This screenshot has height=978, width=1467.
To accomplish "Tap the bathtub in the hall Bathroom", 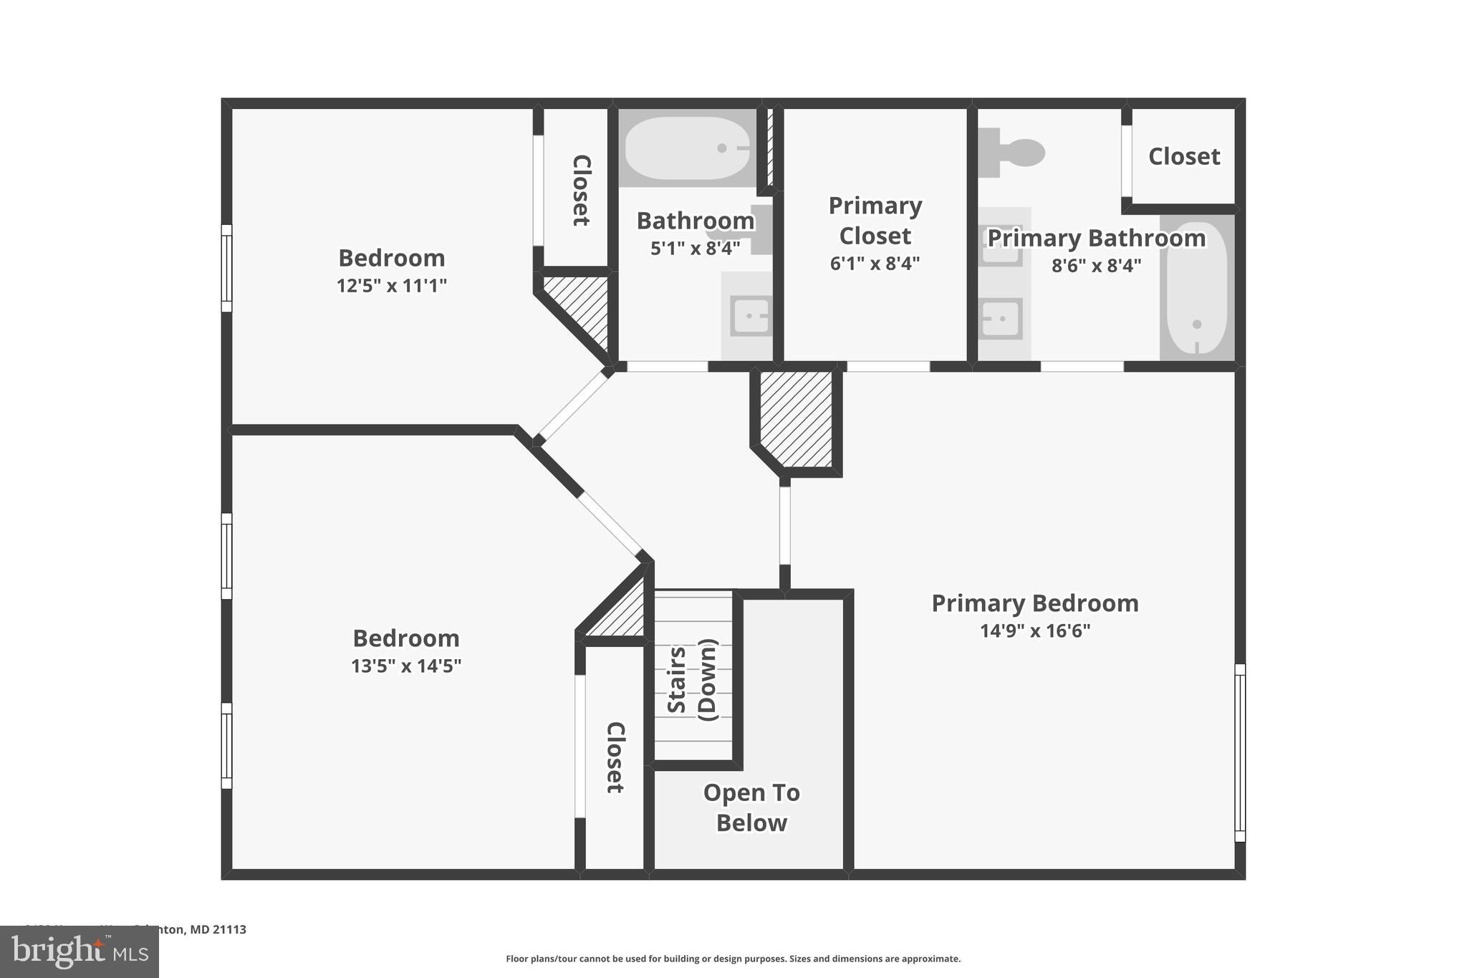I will click(687, 148).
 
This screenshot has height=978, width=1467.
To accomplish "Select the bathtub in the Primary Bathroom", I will click(1196, 288).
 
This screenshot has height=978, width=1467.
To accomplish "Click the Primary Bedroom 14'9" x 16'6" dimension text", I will click(1035, 631).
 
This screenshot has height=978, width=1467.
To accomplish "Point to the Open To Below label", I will click(751, 807).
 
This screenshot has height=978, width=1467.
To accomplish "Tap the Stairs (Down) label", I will click(692, 679).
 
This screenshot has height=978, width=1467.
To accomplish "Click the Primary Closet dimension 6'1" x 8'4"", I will click(875, 264).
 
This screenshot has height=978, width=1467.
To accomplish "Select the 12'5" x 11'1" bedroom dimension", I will click(392, 286).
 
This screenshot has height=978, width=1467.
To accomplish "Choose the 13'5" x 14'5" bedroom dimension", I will click(406, 666).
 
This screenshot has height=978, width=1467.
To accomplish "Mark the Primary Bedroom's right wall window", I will click(1240, 752).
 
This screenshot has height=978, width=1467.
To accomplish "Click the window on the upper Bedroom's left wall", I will click(226, 268).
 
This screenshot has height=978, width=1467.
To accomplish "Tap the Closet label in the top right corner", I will click(1184, 156).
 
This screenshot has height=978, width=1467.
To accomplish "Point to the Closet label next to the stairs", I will click(615, 757).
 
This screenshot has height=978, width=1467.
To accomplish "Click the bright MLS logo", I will click(80, 951).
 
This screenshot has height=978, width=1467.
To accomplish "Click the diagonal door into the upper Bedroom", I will click(572, 406).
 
